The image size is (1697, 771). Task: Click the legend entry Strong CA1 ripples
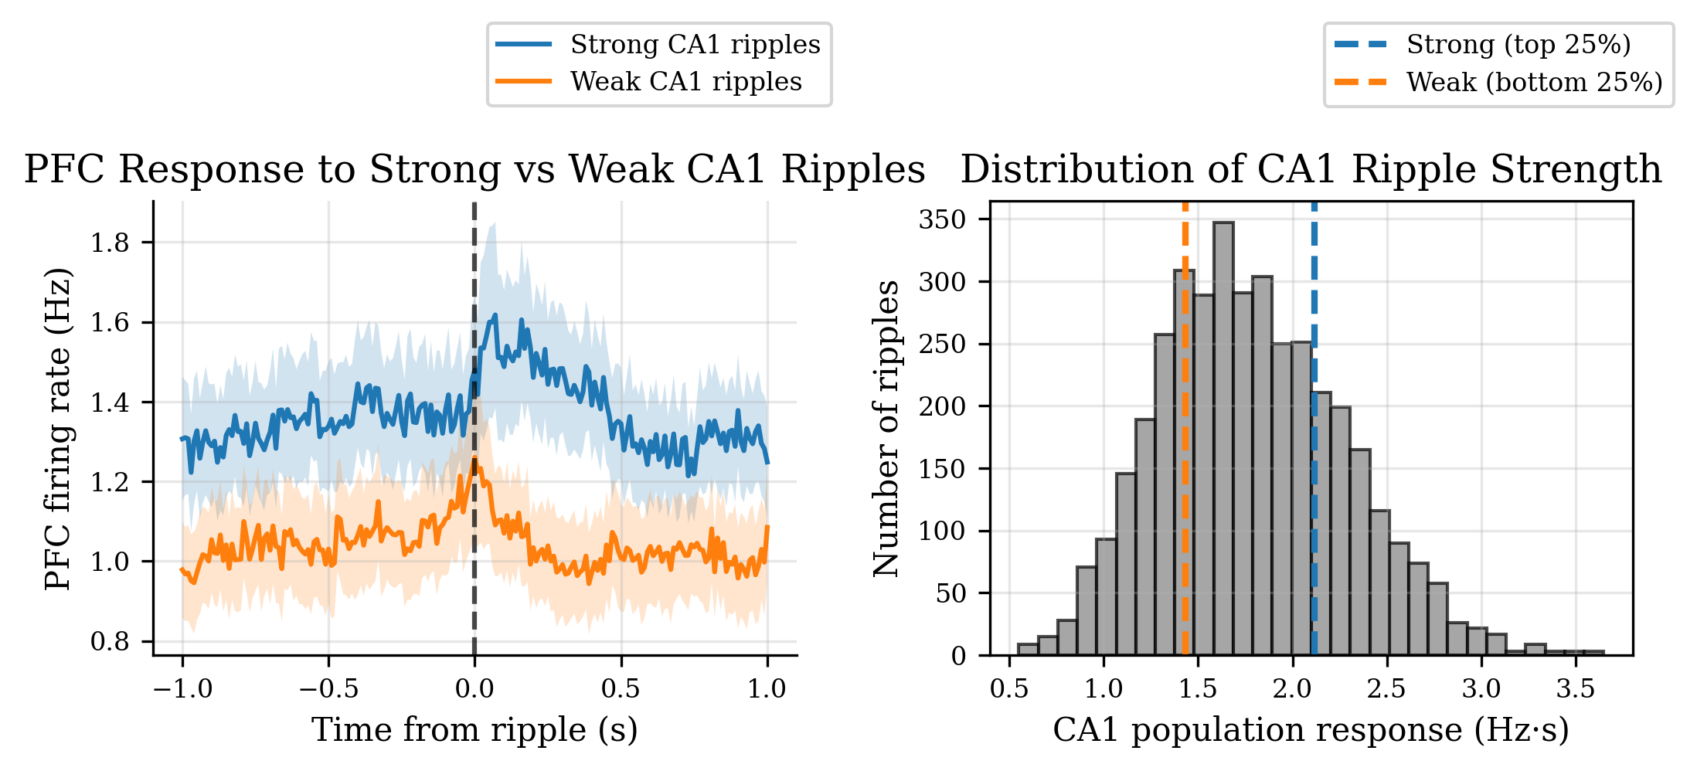[x=695, y=45]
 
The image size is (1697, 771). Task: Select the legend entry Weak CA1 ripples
[x=685, y=82]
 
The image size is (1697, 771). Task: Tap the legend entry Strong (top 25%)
[x=1518, y=45]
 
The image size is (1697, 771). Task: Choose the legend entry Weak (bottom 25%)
[x=1534, y=82]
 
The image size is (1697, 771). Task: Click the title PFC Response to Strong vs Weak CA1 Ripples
[x=474, y=169]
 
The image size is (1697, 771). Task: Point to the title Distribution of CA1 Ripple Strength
[x=1311, y=169]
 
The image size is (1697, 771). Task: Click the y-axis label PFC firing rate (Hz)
[x=59, y=429]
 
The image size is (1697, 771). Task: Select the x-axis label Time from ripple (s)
[x=474, y=730]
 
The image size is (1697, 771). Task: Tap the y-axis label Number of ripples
[x=886, y=429]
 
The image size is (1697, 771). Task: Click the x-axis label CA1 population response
[x=1311, y=730]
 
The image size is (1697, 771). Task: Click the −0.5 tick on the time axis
[x=328, y=688]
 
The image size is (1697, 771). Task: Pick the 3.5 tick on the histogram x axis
[x=1576, y=688]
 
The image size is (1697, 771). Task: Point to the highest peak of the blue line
[x=495, y=315]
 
